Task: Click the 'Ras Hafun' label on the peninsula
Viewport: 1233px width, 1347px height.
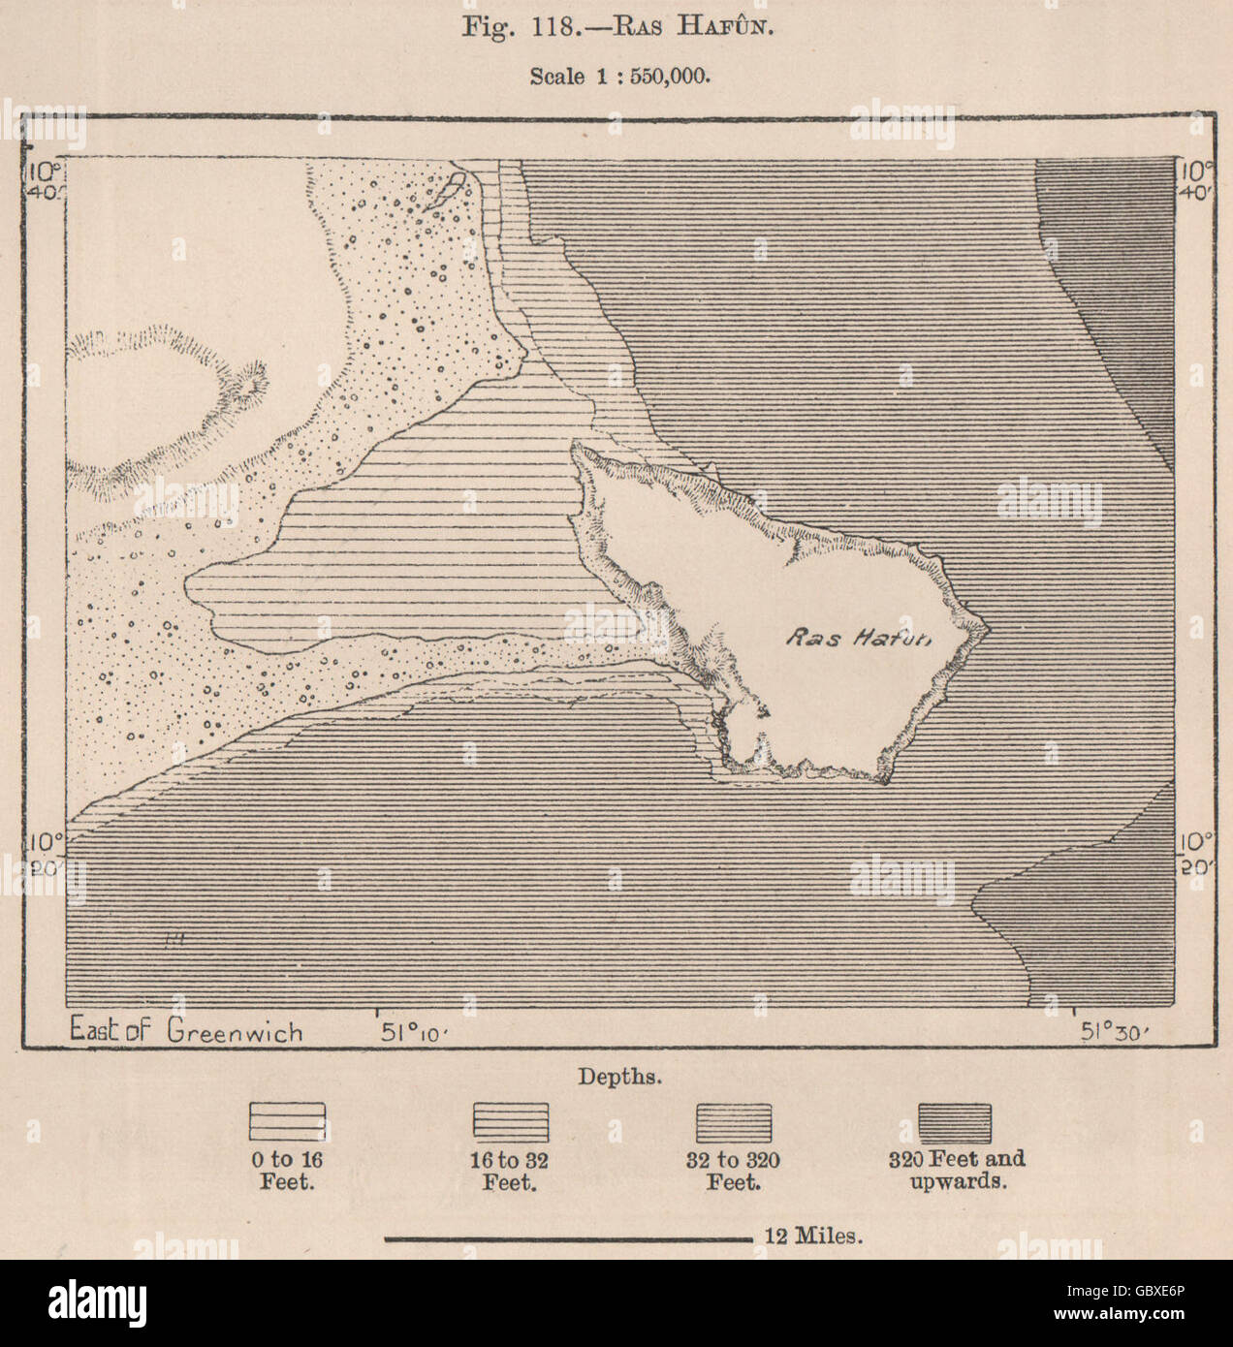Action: tap(857, 638)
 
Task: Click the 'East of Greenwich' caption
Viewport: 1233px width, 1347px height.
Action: tap(186, 1030)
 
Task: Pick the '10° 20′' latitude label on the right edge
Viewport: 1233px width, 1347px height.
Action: tap(1194, 853)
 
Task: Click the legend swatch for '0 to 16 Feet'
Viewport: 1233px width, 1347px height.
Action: tap(287, 1121)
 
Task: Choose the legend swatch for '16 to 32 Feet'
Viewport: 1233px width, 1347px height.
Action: tap(510, 1121)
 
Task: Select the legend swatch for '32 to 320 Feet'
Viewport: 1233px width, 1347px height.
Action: tap(734, 1121)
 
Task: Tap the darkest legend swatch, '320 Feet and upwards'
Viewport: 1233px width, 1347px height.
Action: tap(955, 1121)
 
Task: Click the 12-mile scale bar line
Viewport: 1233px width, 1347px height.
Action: tap(568, 1237)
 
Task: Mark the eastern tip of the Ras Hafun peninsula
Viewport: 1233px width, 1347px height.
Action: tap(988, 629)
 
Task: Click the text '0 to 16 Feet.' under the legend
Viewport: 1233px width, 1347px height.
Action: tap(287, 1171)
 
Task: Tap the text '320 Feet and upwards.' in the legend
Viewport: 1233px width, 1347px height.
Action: tap(957, 1171)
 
